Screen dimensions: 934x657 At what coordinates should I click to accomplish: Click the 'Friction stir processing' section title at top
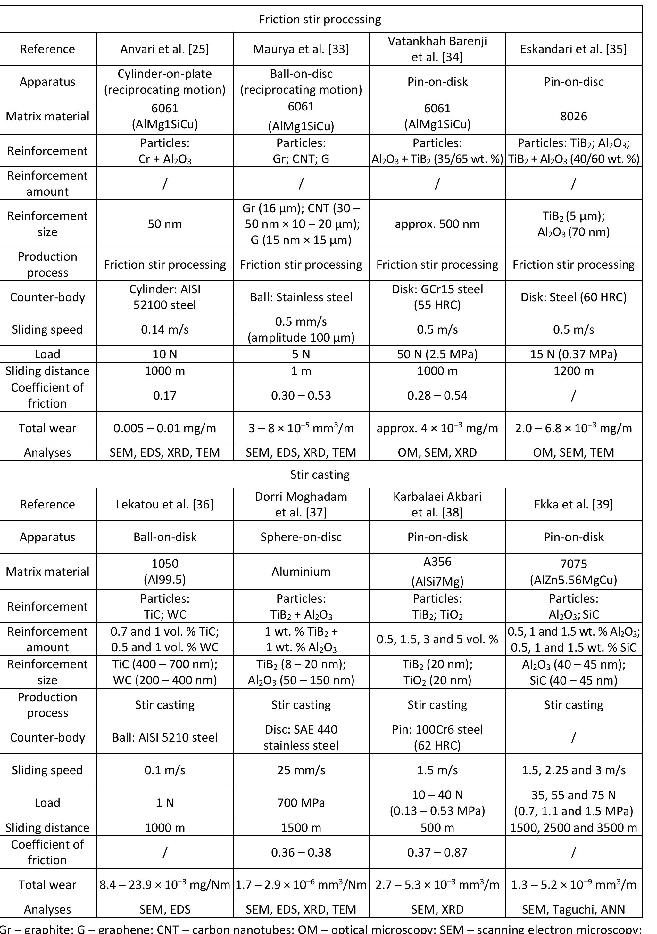point(320,20)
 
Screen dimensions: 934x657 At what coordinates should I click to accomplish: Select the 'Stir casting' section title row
point(320,474)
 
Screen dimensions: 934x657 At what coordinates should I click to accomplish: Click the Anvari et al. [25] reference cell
point(165,49)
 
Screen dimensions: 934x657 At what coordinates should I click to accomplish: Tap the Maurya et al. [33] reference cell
point(301,49)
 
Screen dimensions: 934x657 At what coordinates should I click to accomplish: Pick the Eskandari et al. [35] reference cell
point(574,49)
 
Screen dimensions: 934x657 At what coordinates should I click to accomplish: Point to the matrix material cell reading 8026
point(574,116)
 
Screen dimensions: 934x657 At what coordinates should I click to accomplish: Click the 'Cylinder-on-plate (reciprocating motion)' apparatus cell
point(165,81)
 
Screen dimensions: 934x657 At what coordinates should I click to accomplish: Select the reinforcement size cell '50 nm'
point(165,224)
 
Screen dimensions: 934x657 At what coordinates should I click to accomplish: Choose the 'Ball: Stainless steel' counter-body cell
point(301,297)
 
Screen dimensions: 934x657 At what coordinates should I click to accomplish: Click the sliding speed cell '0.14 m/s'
point(165,329)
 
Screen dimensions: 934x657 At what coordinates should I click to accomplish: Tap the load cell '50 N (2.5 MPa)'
point(437,354)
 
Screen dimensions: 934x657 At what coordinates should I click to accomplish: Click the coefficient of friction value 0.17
point(165,395)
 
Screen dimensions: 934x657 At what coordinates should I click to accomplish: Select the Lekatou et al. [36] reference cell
point(165,504)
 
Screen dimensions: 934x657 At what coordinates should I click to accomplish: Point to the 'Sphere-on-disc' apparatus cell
point(301,537)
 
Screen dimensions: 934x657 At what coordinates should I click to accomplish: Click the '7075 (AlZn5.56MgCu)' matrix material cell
point(574,572)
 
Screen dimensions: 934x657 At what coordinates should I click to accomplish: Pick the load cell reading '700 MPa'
point(301,803)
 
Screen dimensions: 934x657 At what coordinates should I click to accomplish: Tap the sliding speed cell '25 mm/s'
point(301,770)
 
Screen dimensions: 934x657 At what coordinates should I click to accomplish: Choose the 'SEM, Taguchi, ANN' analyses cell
point(574,909)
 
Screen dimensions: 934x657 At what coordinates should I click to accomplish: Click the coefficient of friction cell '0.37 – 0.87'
point(437,852)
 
